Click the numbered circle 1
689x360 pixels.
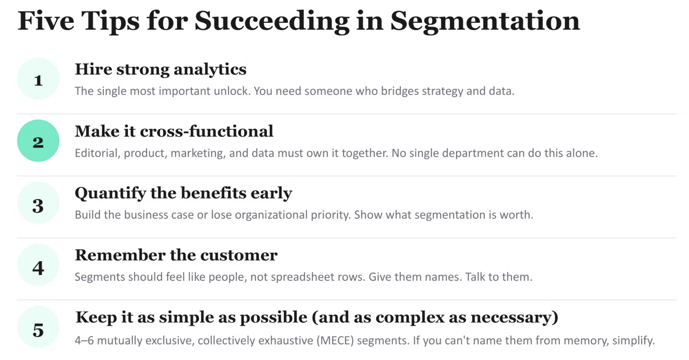[x=38, y=79]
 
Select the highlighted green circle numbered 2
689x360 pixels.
[x=38, y=141]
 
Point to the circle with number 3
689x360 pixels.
[x=38, y=203]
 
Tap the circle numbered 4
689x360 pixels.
[x=38, y=265]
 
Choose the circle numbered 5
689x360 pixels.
[x=38, y=327]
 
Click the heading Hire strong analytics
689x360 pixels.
[x=161, y=70]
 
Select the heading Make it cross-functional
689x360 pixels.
[x=174, y=131]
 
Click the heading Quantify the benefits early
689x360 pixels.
[x=183, y=194]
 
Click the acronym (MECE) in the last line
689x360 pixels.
[x=335, y=341]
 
